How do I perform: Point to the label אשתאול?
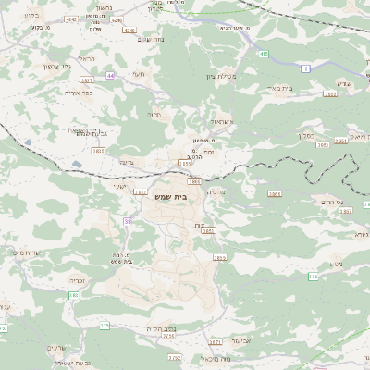coord(213,121)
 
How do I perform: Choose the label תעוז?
coord(140,73)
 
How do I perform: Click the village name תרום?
coord(154,115)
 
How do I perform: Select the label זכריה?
coord(77,277)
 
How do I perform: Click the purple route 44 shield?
coord(110,75)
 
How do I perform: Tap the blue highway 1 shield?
coord(306,68)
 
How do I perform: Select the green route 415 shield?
coord(264,54)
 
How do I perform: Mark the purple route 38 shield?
coord(129,221)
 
